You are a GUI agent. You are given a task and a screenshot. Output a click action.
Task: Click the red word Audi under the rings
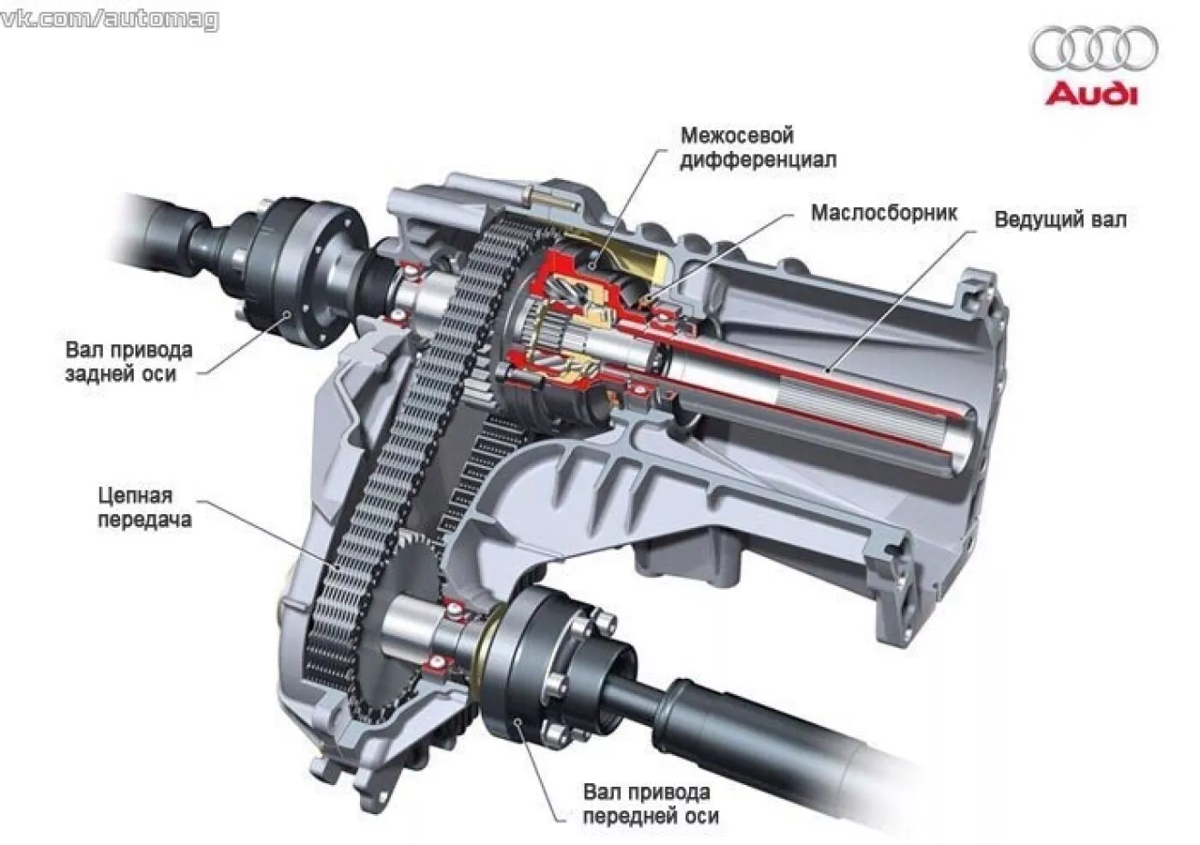[x=1091, y=94]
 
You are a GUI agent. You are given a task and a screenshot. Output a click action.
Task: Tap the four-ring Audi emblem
[x=1094, y=49]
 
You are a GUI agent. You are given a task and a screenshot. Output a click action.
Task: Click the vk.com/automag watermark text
[x=109, y=20]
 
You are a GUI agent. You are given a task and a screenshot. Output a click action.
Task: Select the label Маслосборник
[x=884, y=214]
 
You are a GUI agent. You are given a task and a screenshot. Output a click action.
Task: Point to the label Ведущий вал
[x=1061, y=220]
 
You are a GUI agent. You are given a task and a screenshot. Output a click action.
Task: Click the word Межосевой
[x=736, y=135]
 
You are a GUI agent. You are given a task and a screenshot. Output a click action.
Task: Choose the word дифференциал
[x=758, y=160]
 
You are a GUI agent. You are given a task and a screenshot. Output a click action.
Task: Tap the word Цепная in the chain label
[x=135, y=496]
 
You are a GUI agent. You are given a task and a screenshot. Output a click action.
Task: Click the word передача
[x=145, y=521]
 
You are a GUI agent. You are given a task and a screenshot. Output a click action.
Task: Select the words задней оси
[x=121, y=373]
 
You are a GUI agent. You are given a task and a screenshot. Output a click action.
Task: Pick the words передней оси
[x=651, y=816]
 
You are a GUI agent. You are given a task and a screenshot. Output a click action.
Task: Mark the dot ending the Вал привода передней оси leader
[x=517, y=721]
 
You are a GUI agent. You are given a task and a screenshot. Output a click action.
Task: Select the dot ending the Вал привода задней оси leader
[x=287, y=314]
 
